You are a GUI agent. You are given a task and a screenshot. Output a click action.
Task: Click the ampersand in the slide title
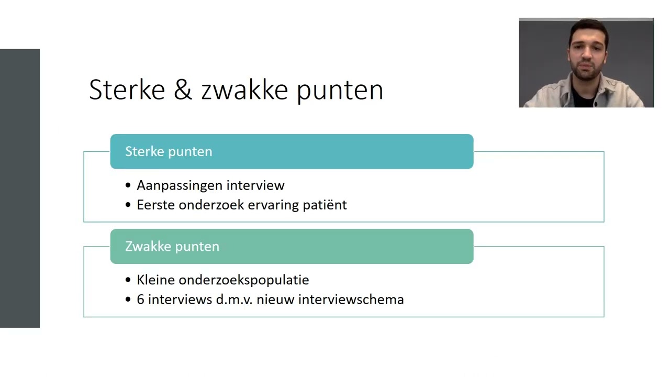pyautogui.click(x=183, y=90)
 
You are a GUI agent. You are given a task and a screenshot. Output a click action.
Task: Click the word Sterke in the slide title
pyautogui.click(x=127, y=90)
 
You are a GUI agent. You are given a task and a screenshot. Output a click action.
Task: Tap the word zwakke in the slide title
pyautogui.click(x=244, y=90)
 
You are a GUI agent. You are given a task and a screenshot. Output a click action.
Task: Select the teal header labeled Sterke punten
pyautogui.click(x=292, y=151)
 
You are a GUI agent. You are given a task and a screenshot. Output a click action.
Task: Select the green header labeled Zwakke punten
pyautogui.click(x=292, y=247)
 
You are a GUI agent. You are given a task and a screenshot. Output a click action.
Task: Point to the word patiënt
pyautogui.click(x=325, y=205)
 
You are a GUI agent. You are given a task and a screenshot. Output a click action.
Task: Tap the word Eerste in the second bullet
pyautogui.click(x=156, y=205)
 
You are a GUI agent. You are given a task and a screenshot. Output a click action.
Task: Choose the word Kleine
pyautogui.click(x=154, y=280)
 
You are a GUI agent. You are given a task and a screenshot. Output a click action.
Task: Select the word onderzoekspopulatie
pyautogui.click(x=244, y=280)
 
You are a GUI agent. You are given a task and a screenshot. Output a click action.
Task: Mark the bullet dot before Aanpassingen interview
pyautogui.click(x=129, y=186)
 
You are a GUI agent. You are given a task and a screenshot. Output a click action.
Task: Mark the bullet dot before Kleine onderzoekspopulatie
pyautogui.click(x=129, y=281)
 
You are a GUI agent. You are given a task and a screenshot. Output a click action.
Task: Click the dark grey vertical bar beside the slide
pyautogui.click(x=19, y=188)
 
